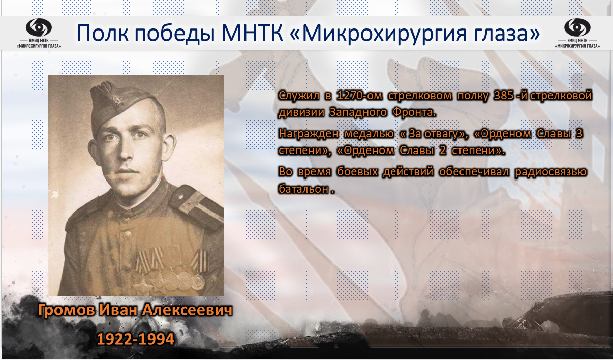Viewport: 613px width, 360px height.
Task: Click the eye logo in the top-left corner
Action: [x=39, y=27]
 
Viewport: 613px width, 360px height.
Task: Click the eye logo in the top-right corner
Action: [x=577, y=27]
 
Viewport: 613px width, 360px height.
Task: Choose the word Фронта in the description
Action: [x=414, y=112]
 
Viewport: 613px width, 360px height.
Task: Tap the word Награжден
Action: [x=309, y=134]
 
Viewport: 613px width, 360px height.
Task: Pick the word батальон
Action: [x=303, y=189]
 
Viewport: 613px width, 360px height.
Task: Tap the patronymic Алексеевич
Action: [x=187, y=310]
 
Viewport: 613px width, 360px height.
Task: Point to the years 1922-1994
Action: [x=136, y=339]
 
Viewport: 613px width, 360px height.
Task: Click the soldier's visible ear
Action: [x=170, y=146]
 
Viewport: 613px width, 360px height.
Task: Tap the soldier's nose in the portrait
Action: [x=126, y=152]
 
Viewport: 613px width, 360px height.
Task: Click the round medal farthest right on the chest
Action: [x=198, y=282]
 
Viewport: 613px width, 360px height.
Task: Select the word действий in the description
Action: [x=408, y=172]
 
